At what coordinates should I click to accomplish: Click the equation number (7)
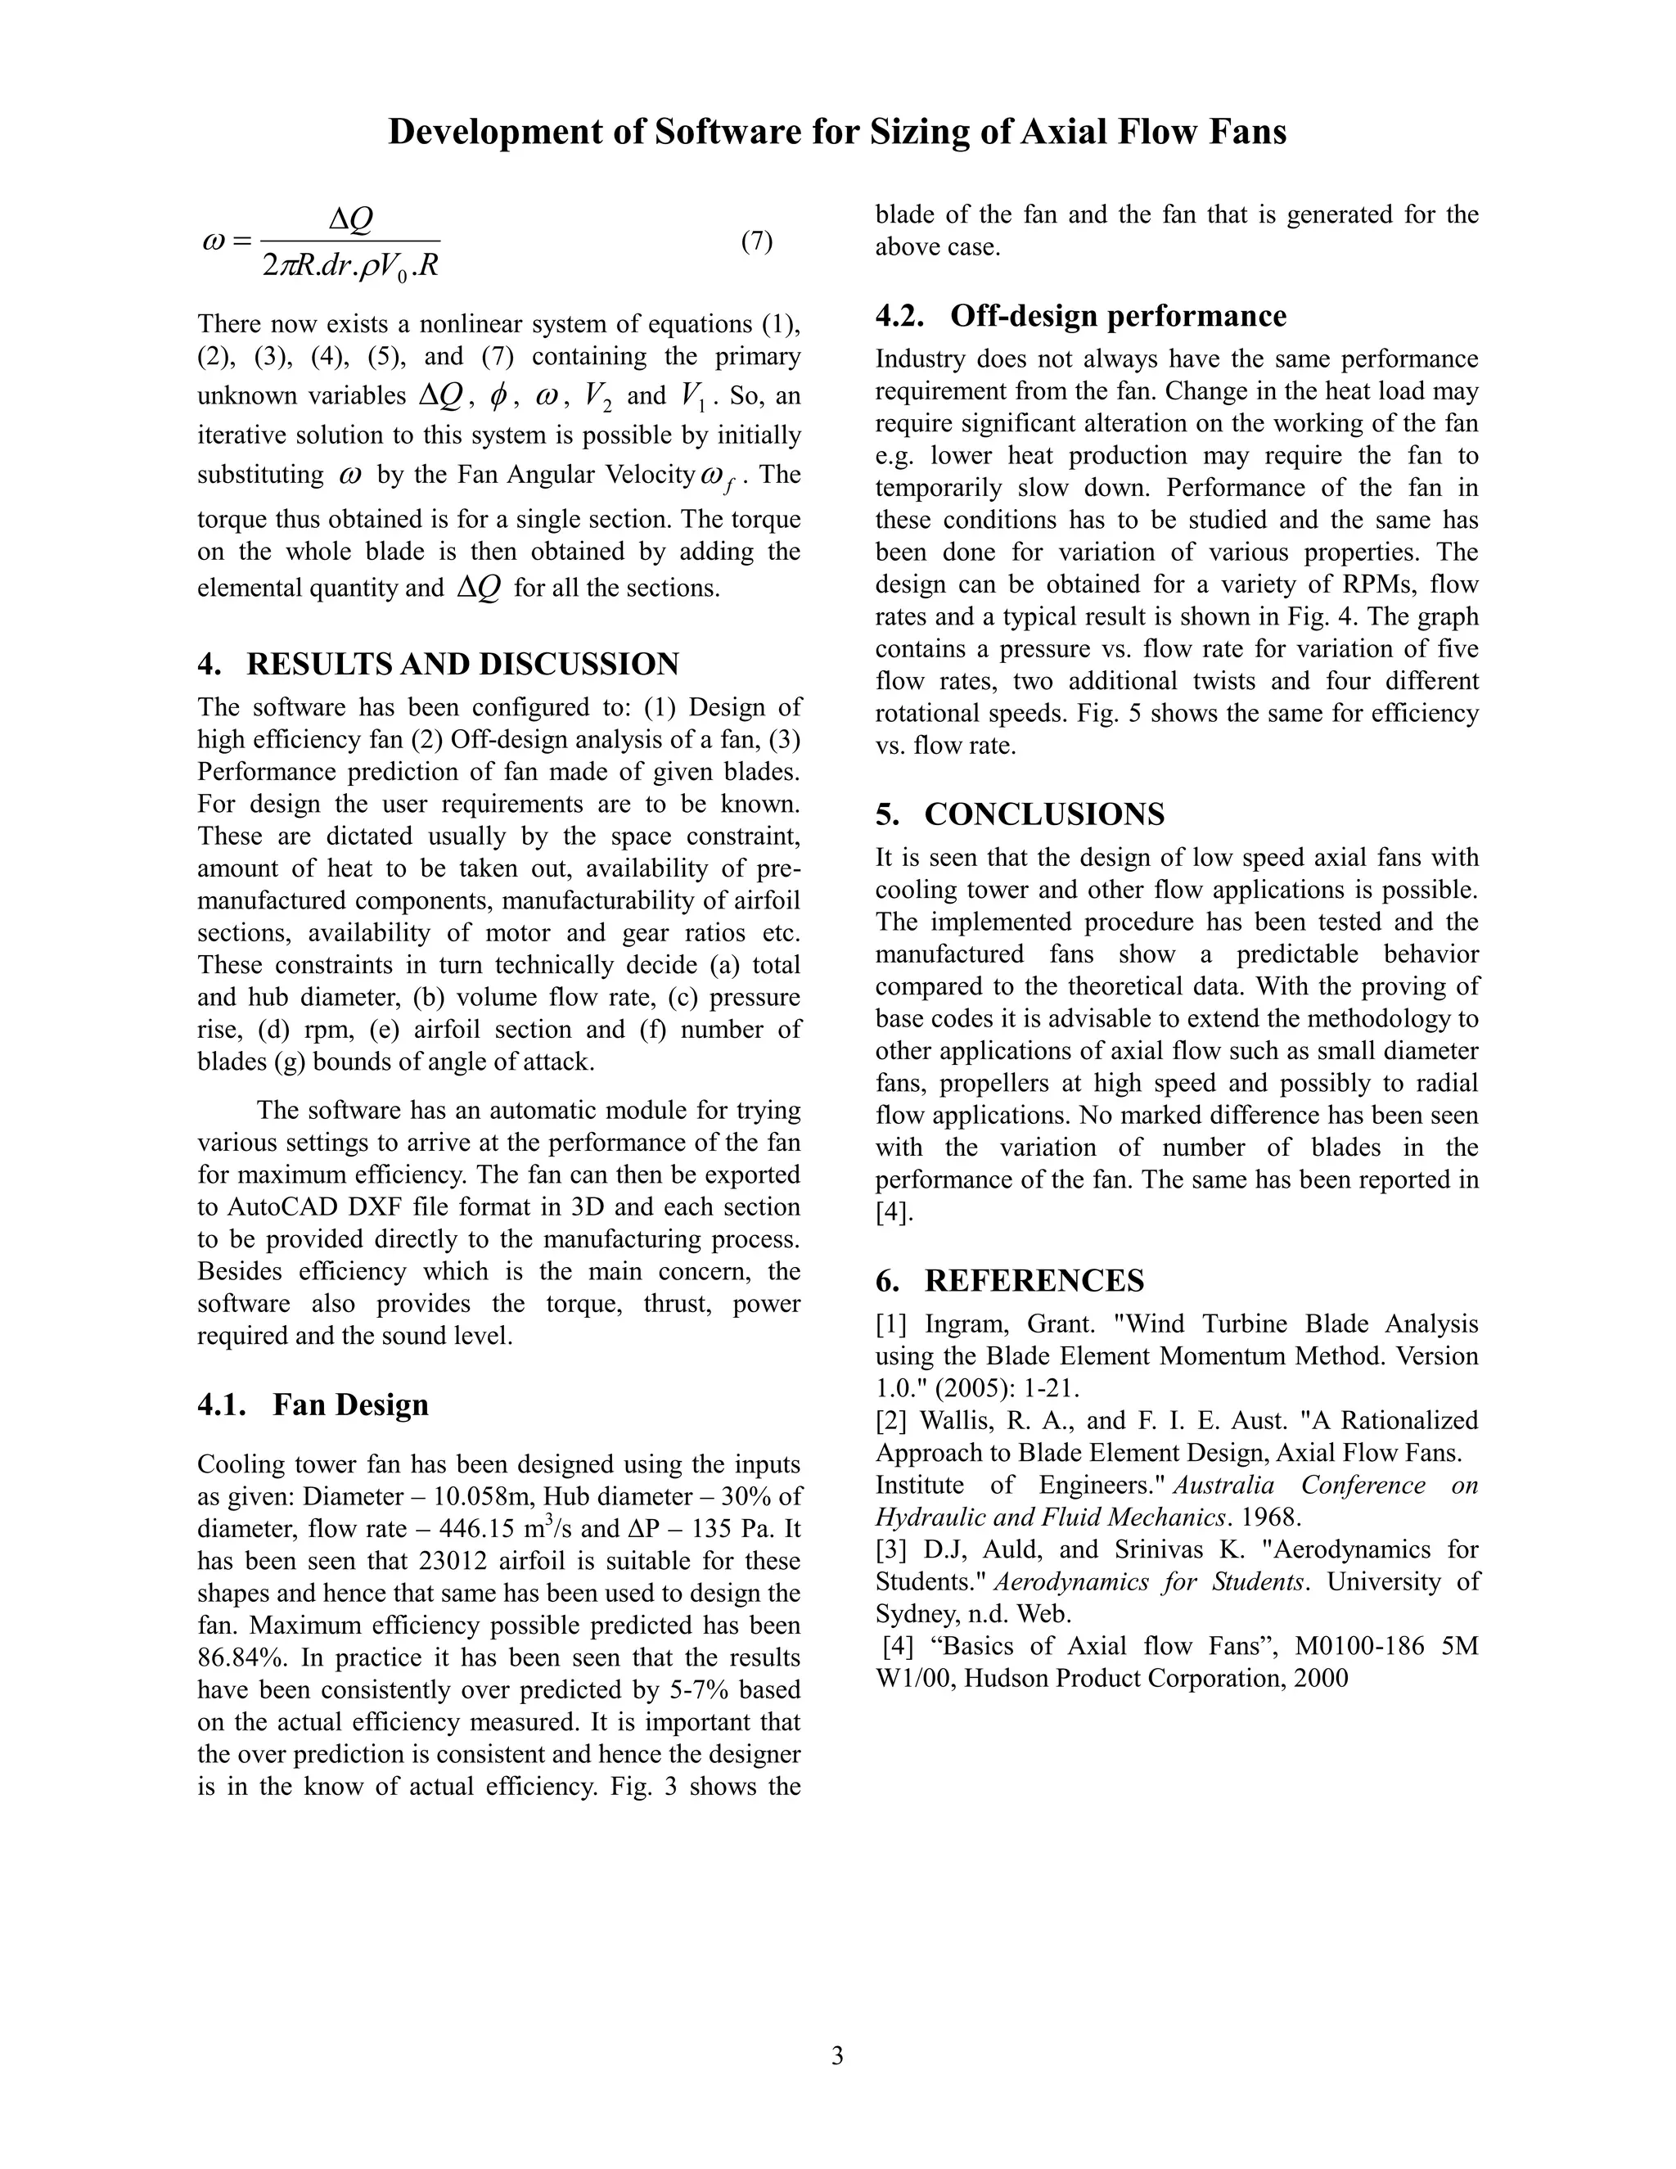(757, 241)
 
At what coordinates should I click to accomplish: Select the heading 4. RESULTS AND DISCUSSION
(438, 664)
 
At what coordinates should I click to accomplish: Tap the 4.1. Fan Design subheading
(313, 1405)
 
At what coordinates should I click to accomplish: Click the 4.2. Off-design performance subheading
(1080, 316)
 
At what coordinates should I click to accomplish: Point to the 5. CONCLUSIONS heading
(1020, 814)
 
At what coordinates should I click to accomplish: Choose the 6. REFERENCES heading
(1010, 1280)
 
